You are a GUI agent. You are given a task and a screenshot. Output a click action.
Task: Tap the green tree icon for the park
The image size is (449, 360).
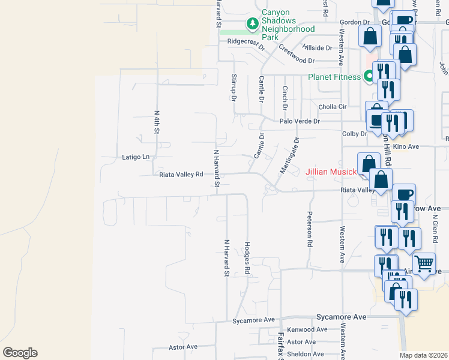coord(253,24)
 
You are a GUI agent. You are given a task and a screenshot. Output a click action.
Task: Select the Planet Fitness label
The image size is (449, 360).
coord(334,77)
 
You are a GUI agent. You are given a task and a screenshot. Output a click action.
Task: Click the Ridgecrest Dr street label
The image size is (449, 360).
coord(246,41)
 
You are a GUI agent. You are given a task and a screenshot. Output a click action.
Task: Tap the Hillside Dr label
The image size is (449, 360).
coord(317,47)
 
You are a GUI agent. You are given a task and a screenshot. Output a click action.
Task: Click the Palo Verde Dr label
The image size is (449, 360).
coord(300,121)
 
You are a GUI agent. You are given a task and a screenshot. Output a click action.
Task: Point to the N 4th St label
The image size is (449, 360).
coord(157,121)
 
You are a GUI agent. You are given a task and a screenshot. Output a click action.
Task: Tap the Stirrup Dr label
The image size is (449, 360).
coord(233,88)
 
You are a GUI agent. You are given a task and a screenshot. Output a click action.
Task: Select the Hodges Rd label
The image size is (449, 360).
coord(247,258)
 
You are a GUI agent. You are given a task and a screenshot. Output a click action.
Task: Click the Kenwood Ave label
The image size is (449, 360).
coord(307,329)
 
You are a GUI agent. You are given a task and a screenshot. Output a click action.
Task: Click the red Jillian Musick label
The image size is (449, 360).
coord(331,172)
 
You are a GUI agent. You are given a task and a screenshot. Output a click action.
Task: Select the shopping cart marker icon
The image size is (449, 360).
coord(424,263)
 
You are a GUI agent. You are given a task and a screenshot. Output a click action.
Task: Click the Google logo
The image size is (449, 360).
coord(20,353)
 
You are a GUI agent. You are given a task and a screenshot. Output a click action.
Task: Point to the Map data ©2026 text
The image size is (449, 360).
coord(423,355)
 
